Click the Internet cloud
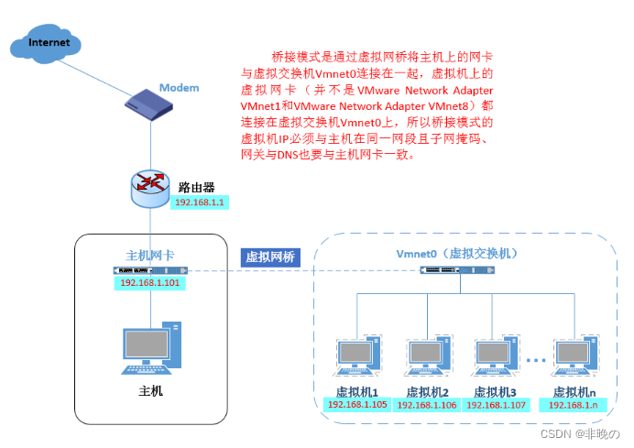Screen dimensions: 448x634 (47, 43)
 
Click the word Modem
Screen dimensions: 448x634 (179, 87)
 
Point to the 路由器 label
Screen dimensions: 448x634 (196, 187)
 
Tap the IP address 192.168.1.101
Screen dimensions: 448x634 (151, 283)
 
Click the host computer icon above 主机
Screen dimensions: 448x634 (150, 347)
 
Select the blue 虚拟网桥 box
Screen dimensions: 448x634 (269, 257)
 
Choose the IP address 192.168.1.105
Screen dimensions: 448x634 (357, 404)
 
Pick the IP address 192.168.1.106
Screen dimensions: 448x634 (427, 404)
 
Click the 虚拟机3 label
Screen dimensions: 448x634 (496, 391)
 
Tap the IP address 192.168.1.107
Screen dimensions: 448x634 (496, 404)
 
